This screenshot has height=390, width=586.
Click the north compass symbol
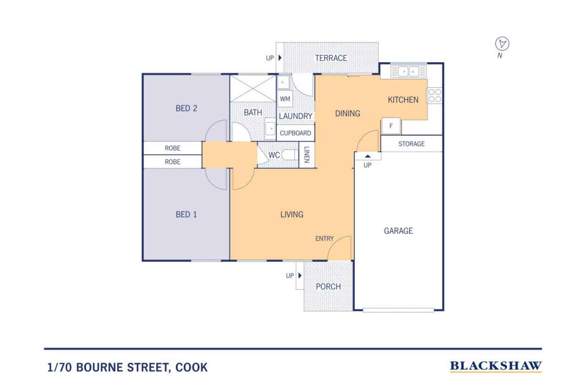(502, 43)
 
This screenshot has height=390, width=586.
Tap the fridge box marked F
(391, 126)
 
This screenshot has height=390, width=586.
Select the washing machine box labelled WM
(285, 99)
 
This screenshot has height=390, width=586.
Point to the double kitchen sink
(408, 71)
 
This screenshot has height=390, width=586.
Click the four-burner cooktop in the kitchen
(434, 96)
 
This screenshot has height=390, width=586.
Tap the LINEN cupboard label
(307, 155)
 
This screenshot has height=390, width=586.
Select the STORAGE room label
(412, 144)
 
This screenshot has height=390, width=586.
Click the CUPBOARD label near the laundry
(295, 133)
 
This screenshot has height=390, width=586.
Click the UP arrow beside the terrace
(280, 58)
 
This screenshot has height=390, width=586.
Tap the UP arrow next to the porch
(300, 275)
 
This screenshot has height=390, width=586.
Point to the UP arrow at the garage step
(368, 156)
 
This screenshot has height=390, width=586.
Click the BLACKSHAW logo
(496, 366)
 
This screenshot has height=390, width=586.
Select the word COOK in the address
(191, 367)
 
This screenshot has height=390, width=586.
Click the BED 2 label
(186, 108)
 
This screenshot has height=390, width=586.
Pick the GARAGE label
(398, 230)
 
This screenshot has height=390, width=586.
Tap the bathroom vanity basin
(270, 128)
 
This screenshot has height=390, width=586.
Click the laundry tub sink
(283, 82)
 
